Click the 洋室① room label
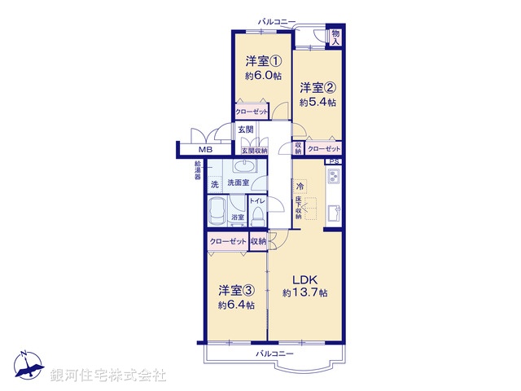pos(263,60)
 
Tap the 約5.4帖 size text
pos(317,103)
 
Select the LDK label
pos(305,278)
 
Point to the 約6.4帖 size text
pos(236,305)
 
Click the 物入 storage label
pos(335,37)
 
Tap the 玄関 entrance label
pos(245,130)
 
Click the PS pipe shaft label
pos(334,161)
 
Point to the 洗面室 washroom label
pos(238,185)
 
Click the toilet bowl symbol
pos(257,216)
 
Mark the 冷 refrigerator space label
pos(300,186)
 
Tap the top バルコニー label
pos(277,22)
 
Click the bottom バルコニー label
pos(274,354)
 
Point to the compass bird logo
pos(27,368)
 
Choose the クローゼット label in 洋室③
pos(227,242)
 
